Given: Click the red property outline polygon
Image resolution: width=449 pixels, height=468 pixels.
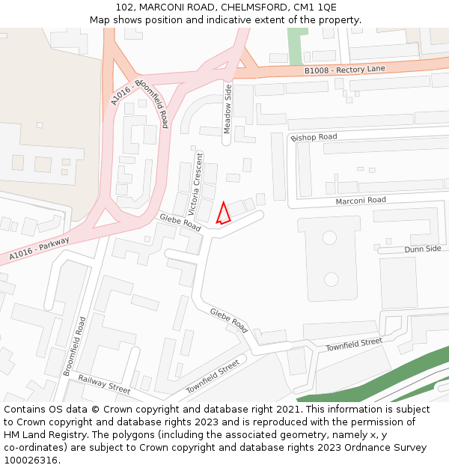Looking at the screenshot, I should point(223,214).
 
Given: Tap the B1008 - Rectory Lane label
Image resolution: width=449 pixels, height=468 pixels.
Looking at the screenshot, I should point(344,70).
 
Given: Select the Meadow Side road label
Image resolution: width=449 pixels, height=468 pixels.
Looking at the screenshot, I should point(228,109).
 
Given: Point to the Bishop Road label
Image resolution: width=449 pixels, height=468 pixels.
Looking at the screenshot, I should point(314,138).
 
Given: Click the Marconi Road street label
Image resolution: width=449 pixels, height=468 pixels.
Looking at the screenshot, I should point(361,200).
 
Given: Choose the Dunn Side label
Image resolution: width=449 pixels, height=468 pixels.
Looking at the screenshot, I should point(423,249).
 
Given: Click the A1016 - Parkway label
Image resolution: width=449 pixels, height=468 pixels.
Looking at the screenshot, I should point(40,249).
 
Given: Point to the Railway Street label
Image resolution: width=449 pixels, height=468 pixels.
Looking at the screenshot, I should point(104,385).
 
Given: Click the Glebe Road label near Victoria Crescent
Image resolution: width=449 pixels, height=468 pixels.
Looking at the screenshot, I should point(180,222).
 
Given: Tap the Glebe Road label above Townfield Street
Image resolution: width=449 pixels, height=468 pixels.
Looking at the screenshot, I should point(229,320).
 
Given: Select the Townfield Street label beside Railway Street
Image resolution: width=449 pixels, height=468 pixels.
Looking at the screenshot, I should point(213,377).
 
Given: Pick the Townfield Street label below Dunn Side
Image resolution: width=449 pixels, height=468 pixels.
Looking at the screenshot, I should point(354,344).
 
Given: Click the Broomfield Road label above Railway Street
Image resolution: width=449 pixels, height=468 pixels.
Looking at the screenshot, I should point(74,346).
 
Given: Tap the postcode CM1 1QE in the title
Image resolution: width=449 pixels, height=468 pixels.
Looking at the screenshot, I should point(316,7).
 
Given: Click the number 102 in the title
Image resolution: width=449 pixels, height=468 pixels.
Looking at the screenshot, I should point(124,7).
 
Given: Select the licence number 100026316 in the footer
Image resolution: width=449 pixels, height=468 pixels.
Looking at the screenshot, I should point(30,460).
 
